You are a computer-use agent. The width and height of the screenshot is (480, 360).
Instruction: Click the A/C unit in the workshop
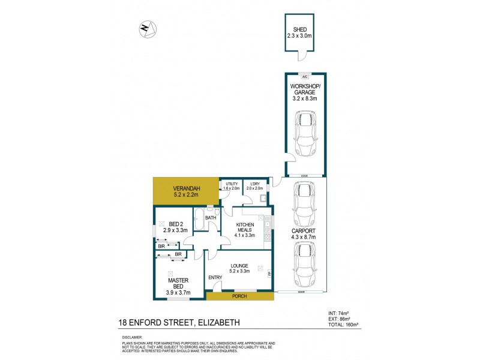[304, 77]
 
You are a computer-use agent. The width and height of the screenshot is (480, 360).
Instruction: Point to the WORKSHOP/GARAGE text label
[304, 90]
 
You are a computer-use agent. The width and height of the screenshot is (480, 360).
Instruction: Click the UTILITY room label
[232, 184]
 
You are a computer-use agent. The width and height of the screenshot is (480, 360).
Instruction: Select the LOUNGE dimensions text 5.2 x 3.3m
[240, 271]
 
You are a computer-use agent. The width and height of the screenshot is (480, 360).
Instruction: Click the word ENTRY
[215, 277]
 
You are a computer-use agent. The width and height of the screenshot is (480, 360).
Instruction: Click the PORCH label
[239, 296]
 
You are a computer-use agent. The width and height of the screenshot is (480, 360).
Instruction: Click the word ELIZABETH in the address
[220, 323]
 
